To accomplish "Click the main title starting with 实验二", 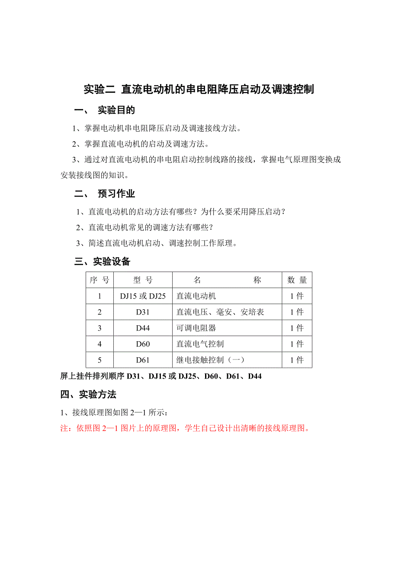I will click(x=199, y=90).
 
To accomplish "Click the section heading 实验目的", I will click(x=116, y=110).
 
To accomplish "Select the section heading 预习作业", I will click(x=116, y=194).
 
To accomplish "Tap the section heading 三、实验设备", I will click(x=103, y=262).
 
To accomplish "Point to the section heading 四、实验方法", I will click(x=88, y=395).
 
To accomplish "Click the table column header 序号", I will click(x=99, y=280).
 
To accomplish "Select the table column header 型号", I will click(x=143, y=280).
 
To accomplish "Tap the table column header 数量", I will click(x=297, y=280).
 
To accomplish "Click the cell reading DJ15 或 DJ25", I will click(x=143, y=296).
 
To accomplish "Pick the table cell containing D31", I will click(x=143, y=312).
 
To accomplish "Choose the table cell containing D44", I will click(x=143, y=328).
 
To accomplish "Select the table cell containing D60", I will click(x=143, y=344).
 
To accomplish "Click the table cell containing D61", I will click(x=143, y=360).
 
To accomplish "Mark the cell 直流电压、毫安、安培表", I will click(x=220, y=312).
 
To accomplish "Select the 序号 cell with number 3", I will click(x=99, y=328).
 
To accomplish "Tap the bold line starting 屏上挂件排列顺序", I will click(x=161, y=376).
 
